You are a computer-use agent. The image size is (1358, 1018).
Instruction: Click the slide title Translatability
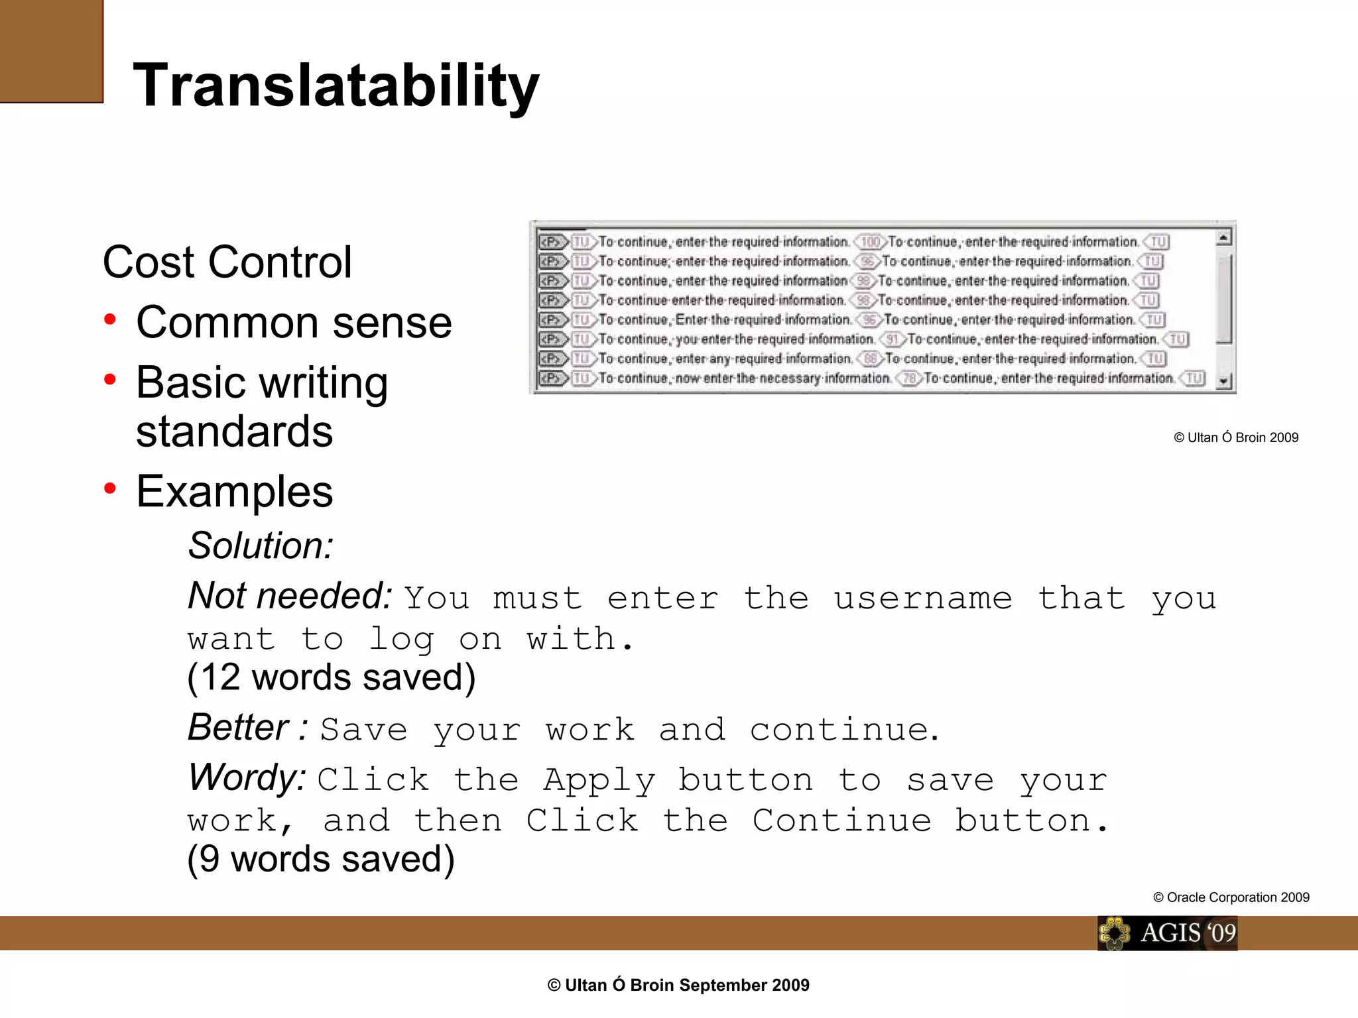pyautogui.click(x=336, y=85)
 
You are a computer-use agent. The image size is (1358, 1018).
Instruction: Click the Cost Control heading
pyautogui.click(x=227, y=262)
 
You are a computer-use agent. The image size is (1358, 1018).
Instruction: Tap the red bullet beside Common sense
pyautogui.click(x=110, y=320)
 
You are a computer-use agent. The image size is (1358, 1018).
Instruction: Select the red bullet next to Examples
pyautogui.click(x=110, y=489)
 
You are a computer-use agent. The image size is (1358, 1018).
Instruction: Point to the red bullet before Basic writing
pyautogui.click(x=110, y=380)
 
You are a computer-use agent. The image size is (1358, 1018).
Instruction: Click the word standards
pyautogui.click(x=234, y=431)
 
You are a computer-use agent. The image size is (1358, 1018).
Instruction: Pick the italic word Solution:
pyautogui.click(x=261, y=545)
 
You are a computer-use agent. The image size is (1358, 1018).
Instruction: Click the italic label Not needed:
pyautogui.click(x=290, y=595)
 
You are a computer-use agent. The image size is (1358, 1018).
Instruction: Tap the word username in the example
pyautogui.click(x=922, y=598)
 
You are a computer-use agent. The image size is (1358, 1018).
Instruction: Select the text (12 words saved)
pyautogui.click(x=331, y=677)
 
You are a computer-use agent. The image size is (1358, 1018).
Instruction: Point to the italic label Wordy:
pyautogui.click(x=247, y=777)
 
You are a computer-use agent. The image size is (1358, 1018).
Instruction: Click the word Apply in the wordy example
pyautogui.click(x=599, y=780)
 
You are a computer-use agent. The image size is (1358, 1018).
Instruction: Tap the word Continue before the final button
pyautogui.click(x=842, y=821)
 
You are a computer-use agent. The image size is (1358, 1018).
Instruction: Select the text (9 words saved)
pyautogui.click(x=321, y=859)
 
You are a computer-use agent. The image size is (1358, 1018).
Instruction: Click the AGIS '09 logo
pyautogui.click(x=1167, y=933)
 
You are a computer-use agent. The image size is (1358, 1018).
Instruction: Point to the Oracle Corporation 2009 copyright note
pyautogui.click(x=1231, y=897)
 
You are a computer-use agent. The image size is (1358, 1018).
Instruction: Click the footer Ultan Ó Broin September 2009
pyautogui.click(x=678, y=986)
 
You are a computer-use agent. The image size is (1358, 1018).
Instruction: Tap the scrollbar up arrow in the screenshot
pyautogui.click(x=1224, y=237)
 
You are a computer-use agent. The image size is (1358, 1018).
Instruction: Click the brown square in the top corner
pyautogui.click(x=51, y=51)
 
